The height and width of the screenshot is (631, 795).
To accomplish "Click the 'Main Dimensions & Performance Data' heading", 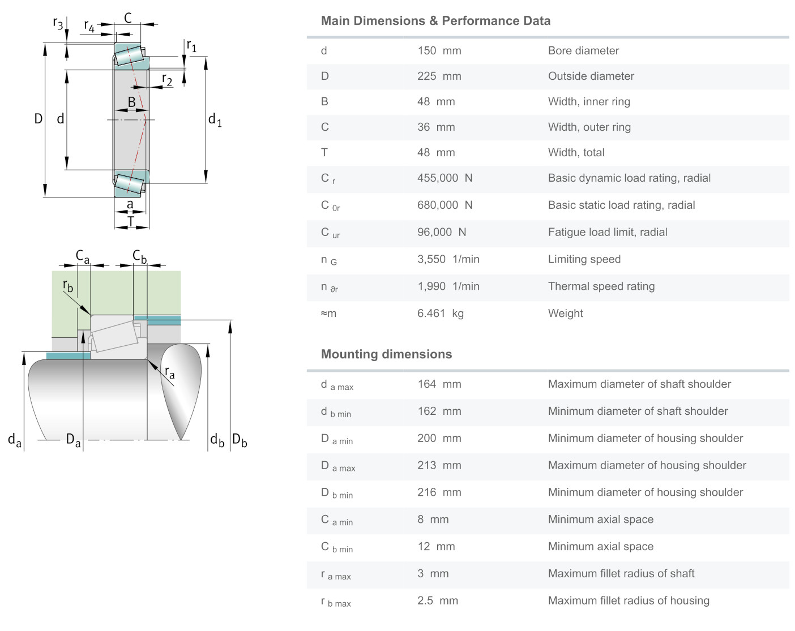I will pos(435,21).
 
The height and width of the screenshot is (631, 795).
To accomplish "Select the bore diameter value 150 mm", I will pos(439,51).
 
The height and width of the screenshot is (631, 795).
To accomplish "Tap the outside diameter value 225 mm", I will pos(439,76).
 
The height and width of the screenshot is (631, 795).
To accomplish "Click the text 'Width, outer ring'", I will pos(589,127).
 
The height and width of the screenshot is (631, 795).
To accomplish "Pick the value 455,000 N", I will pos(444,178).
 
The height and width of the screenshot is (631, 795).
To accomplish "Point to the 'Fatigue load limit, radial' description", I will pos(607,233).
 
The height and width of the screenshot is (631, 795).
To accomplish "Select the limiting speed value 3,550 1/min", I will pos(448,260).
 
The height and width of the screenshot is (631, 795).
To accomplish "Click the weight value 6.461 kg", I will pos(440,314).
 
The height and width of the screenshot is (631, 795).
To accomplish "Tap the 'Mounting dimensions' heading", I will pos(386,354).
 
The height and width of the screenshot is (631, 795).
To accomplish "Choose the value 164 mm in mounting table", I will pos(439,384).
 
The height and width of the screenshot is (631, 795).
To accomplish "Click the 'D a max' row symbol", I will pos(337,466).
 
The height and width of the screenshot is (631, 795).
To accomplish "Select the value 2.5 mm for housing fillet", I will pos(437,601).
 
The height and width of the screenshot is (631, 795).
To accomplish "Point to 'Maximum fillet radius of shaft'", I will pos(621,574).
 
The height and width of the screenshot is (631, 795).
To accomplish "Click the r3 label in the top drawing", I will pos(58,23).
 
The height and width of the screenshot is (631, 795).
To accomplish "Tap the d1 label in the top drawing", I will pos(215,120).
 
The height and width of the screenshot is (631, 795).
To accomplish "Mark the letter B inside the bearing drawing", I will pos(131,102).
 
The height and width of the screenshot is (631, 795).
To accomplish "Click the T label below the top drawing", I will pos(131,221).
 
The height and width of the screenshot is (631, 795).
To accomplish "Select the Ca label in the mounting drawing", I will pos(83,256).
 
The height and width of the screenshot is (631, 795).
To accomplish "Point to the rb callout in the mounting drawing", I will pos(68,286).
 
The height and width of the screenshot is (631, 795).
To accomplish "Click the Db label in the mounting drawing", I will pos(240,440).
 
